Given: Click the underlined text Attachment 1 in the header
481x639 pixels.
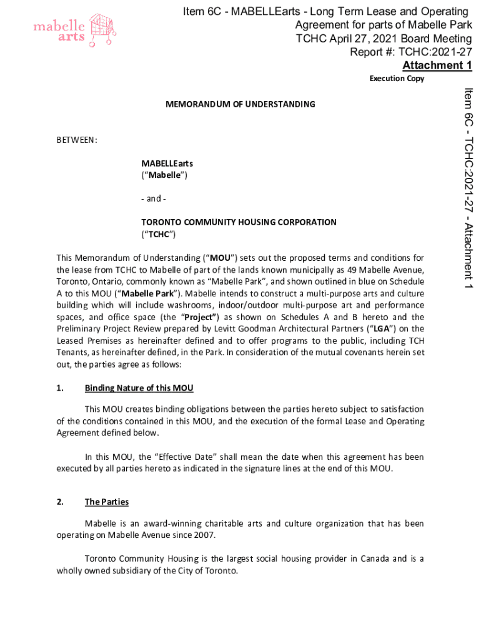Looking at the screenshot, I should coord(437,66).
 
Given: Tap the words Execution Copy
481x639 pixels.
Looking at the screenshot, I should coord(397,79).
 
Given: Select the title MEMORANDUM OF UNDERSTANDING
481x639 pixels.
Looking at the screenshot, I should coord(240,104).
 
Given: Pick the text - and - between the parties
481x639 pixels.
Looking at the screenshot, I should coord(154,198).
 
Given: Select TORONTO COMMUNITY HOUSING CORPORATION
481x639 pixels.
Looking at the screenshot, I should coord(239,222).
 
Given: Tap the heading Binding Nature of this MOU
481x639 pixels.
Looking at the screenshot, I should coord(139,388).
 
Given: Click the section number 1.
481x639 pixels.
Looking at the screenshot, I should coord(60,388).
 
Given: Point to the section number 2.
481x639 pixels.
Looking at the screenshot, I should coord(60,502).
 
